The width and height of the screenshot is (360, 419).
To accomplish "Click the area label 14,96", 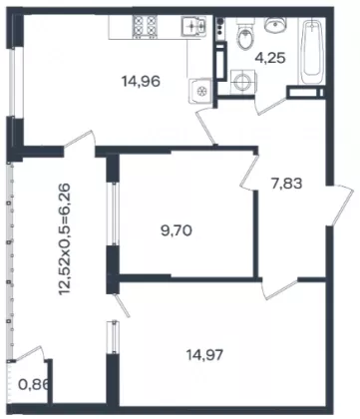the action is click(142, 81).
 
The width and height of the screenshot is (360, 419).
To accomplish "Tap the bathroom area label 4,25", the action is click(270, 58).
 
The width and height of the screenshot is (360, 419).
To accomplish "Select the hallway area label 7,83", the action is click(287, 184).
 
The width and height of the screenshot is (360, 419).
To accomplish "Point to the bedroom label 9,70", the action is click(177, 230).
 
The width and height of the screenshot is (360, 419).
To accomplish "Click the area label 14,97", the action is click(204, 355).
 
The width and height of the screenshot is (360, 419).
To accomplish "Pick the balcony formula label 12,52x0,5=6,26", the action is click(64, 239).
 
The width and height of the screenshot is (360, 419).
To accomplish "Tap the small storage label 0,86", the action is click(34, 385).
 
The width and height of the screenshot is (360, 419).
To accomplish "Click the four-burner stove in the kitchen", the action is click(145, 26).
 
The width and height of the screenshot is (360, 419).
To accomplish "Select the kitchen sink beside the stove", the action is click(193, 25).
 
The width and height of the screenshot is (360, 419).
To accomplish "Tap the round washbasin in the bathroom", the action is click(274, 25).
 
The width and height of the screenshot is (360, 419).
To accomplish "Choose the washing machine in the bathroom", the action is click(242, 82).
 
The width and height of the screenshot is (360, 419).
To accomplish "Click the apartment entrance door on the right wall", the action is click(340, 205).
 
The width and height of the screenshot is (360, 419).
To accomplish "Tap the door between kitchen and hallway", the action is click(205, 127).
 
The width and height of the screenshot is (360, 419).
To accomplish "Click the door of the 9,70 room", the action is click(250, 173).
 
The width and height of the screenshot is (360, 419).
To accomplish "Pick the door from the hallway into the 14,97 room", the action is click(280, 288).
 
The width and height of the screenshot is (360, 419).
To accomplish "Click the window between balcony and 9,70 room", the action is click(115, 213).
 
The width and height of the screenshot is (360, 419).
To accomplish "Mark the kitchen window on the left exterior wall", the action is click(12, 83).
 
